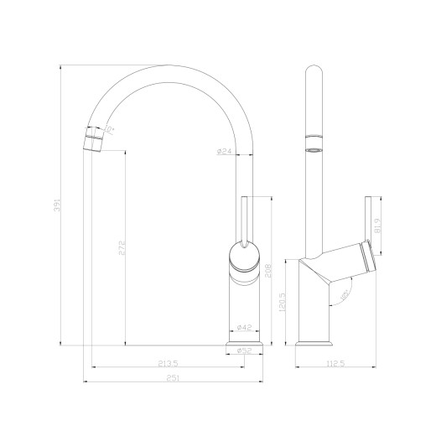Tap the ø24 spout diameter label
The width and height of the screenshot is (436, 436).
[x=224, y=152]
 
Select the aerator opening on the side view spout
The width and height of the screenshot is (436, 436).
[x=314, y=150]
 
